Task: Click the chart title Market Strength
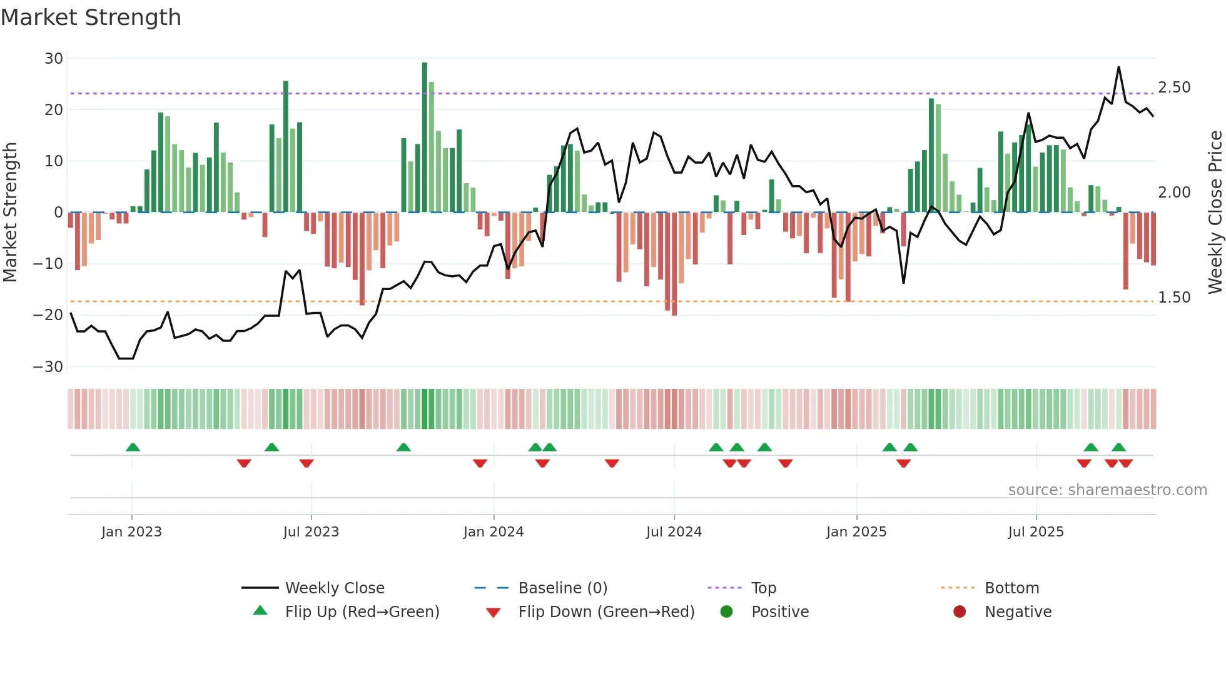click(x=91, y=18)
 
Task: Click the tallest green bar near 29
click(x=425, y=138)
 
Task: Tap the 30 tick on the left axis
click(x=54, y=59)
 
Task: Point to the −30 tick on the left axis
click(x=49, y=367)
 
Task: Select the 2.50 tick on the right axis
click(x=1174, y=88)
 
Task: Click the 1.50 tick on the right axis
click(x=1174, y=298)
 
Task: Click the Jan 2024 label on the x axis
click(x=494, y=532)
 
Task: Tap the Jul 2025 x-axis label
click(x=1036, y=532)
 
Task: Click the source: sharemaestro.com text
click(x=1107, y=490)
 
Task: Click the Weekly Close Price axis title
click(x=1215, y=213)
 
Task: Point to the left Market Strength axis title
click(x=11, y=213)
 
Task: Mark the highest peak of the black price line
click(x=1118, y=68)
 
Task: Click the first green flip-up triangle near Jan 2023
click(x=133, y=447)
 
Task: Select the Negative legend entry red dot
click(x=960, y=612)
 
